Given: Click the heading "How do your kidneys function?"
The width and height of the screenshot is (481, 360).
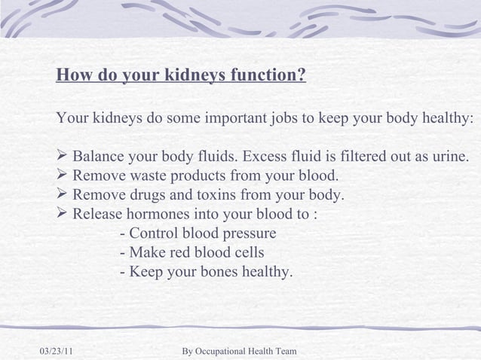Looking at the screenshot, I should coord(181,76).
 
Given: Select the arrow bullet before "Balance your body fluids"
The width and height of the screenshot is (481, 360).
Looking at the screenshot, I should coord(63,157).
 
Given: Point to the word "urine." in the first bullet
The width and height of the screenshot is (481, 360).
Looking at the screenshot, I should coord(448,157).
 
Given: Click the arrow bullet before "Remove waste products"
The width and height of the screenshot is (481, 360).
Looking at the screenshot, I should coord(63,177).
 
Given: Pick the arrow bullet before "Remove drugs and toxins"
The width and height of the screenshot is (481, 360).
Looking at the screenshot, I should coord(63,196).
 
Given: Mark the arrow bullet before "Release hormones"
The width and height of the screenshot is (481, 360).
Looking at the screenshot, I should coord(63,215).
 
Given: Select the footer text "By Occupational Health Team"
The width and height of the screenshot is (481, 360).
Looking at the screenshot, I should coord(240,351).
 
